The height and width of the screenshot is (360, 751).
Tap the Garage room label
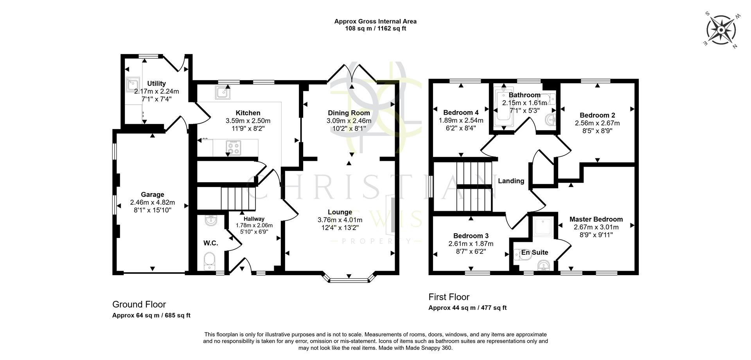tap(152, 194)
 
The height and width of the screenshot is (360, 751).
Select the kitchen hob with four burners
tap(234, 147)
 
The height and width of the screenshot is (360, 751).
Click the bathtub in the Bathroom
tap(501, 108)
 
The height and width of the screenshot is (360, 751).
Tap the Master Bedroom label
tap(596, 219)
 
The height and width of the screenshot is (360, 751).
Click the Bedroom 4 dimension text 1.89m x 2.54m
tap(461, 121)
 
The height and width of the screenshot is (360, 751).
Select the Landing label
tap(511, 181)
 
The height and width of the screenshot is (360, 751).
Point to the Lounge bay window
tap(349, 279)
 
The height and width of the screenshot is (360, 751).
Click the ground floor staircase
tap(237, 198)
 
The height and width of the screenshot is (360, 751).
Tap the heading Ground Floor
tap(139, 304)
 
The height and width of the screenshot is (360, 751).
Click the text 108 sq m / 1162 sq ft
tap(375, 29)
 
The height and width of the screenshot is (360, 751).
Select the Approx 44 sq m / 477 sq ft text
tap(467, 308)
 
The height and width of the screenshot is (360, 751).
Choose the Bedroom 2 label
tap(597, 115)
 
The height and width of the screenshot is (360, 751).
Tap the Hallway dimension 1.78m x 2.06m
tap(254, 225)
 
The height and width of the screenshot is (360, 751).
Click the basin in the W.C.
tap(210, 221)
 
